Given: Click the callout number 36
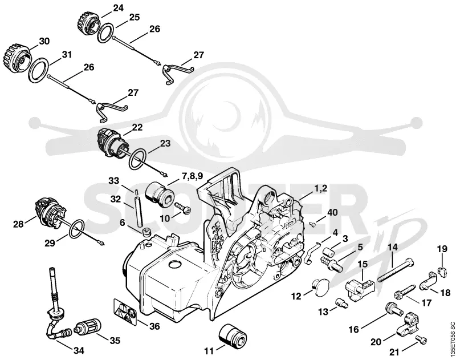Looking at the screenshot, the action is [x=154, y=326].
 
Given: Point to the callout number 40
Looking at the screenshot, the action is [x=333, y=212].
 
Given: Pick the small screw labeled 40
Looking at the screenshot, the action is [x=313, y=224].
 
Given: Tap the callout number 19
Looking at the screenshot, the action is [x=442, y=249].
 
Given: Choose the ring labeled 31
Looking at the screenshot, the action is [x=38, y=70].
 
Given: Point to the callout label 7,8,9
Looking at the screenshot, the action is [x=193, y=176].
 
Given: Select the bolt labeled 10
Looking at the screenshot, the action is [x=183, y=208].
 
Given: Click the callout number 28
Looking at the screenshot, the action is [x=18, y=224].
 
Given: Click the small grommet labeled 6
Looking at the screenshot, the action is [x=146, y=232].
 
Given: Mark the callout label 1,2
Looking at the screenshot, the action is [x=320, y=189].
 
